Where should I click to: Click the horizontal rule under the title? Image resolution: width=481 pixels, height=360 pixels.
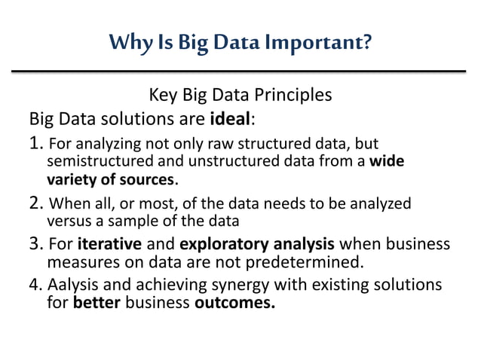tap(240, 72)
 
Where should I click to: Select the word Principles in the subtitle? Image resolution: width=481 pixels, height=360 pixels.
tap(290, 96)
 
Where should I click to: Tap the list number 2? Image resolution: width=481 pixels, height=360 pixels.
tap(35, 204)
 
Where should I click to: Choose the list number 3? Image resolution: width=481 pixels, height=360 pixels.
tap(35, 245)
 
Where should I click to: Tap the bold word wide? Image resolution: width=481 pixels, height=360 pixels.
tap(388, 162)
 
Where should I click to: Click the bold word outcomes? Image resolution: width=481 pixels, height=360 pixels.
tap(234, 304)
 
